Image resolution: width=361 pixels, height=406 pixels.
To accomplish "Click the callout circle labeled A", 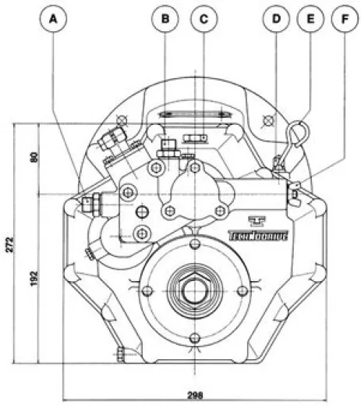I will pos(53,19).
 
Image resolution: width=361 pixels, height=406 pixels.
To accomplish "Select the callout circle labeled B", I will pos(165,19).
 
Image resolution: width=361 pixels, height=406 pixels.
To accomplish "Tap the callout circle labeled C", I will pos(204,19).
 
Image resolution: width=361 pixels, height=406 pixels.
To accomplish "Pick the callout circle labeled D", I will pos(275,19).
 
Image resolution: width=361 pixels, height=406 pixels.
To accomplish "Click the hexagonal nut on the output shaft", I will pos(192,290).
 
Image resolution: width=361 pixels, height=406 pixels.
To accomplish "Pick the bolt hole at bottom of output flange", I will pos(192,337).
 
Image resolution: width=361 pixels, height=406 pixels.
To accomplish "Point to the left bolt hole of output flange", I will pos(146,290).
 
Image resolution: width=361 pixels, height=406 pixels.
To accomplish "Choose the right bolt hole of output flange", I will pos(239,290).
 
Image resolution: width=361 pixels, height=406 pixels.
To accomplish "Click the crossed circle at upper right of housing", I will pos(269,119).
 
